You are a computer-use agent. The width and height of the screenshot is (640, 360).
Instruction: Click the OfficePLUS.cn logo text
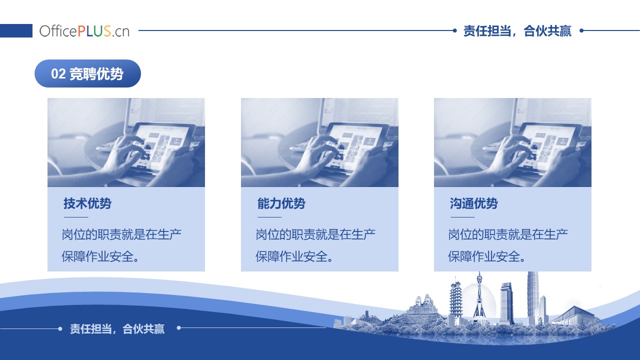(84, 31)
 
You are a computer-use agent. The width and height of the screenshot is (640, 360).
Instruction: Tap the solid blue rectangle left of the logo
(16, 30)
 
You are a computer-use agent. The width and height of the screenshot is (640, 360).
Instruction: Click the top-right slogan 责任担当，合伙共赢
(517, 31)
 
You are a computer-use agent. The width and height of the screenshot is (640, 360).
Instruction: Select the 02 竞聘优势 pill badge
(87, 73)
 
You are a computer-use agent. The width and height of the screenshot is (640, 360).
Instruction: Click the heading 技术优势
(87, 203)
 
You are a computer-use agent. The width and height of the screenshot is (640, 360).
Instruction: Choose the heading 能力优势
(281, 203)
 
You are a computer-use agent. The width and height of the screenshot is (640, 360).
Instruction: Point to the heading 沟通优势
(473, 203)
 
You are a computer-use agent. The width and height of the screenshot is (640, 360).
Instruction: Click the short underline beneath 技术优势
(76, 217)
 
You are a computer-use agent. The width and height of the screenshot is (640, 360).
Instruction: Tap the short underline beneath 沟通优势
(462, 217)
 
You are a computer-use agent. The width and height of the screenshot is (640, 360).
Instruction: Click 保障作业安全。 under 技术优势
(100, 256)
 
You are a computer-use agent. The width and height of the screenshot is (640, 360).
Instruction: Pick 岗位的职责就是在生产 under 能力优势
(315, 234)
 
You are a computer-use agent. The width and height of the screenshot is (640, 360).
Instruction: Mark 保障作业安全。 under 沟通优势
(486, 256)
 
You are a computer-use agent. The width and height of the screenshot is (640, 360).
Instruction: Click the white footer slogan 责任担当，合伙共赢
(117, 329)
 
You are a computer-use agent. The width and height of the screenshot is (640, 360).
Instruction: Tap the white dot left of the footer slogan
(60, 329)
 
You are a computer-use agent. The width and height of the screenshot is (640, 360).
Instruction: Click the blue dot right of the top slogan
(581, 30)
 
